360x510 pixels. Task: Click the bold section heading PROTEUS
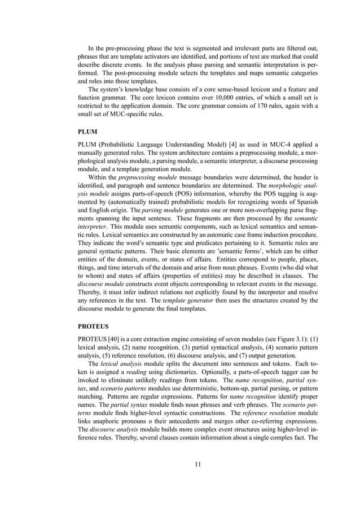pyautogui.click(x=95, y=326)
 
